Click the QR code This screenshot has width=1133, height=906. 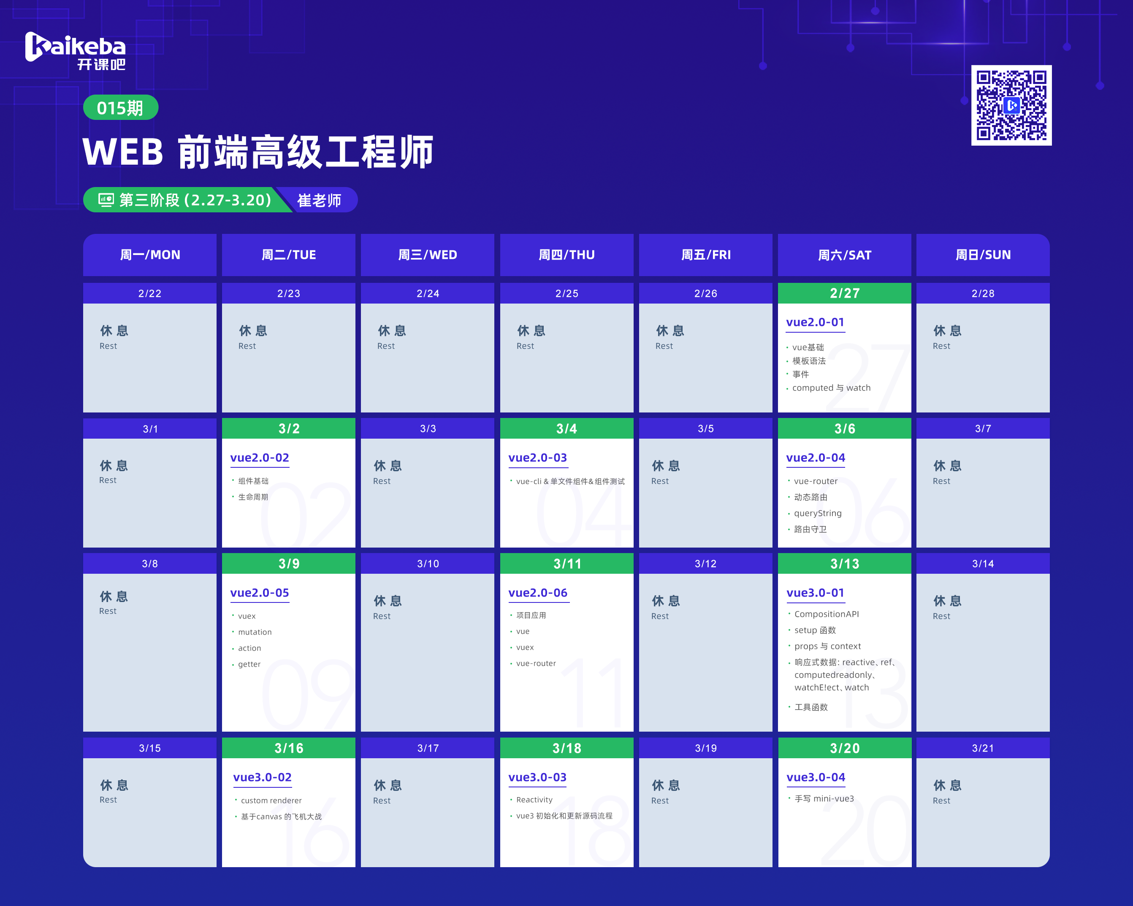(1011, 105)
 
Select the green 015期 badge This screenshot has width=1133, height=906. (120, 108)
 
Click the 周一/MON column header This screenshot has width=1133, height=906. (150, 255)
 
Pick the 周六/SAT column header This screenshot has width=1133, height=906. (845, 255)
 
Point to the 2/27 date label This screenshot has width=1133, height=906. (845, 293)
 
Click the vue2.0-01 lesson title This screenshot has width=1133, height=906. (815, 322)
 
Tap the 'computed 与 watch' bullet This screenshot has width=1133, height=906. (831, 388)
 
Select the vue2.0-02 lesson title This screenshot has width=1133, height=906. (260, 458)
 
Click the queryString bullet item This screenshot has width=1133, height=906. (818, 513)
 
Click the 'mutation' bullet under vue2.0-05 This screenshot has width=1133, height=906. (255, 632)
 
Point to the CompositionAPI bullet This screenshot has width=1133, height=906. (827, 614)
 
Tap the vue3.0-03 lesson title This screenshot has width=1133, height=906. (537, 777)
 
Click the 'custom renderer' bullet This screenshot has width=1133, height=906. (271, 800)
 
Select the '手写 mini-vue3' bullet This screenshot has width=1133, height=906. (824, 799)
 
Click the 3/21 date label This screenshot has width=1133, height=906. (983, 749)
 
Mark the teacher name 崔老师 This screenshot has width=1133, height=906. (319, 200)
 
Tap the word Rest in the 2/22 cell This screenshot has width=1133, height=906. (108, 346)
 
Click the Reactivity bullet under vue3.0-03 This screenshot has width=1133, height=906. (534, 800)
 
